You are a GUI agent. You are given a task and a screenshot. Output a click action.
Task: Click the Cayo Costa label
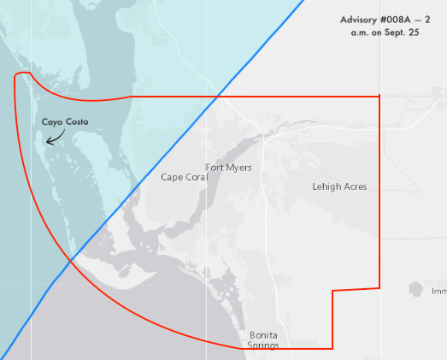(x=64, y=121)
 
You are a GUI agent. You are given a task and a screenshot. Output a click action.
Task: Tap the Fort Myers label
(x=228, y=168)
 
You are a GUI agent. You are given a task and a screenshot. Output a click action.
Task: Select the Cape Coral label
(x=184, y=177)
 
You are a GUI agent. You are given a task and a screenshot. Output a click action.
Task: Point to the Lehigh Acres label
(x=339, y=186)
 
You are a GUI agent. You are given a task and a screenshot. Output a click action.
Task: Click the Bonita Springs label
(x=263, y=339)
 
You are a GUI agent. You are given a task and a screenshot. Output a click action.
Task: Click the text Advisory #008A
(x=374, y=19)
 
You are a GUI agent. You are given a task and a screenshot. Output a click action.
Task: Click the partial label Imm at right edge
(x=438, y=292)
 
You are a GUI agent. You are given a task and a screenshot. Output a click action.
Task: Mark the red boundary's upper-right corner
(x=379, y=97)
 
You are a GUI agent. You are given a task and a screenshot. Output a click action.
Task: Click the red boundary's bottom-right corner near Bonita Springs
(x=332, y=348)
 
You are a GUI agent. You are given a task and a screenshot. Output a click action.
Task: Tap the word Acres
(x=354, y=186)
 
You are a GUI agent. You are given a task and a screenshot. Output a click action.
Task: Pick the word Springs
(x=263, y=345)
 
